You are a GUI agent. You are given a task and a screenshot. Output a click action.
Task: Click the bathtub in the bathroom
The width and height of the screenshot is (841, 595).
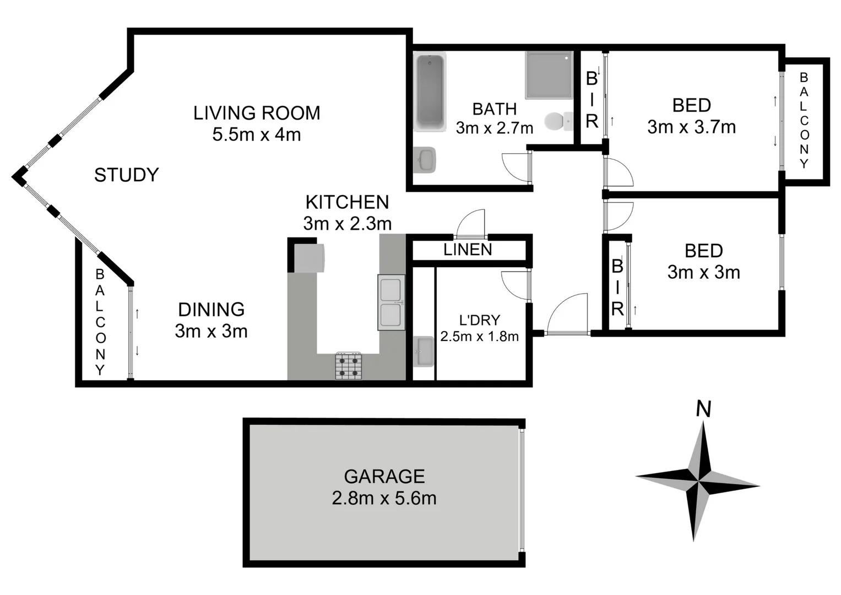pos(430,92)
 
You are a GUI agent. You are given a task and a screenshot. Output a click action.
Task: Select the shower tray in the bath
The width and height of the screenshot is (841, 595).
pos(549,75)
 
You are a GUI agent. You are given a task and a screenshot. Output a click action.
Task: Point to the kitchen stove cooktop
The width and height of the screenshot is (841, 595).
pos(349,366)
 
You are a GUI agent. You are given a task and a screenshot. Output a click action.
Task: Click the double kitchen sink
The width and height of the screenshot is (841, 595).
pos(391,303)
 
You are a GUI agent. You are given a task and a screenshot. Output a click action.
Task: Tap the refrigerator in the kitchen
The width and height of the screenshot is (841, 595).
pos(309,258)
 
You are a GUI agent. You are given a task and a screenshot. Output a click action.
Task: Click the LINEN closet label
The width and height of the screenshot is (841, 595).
pos(468,250)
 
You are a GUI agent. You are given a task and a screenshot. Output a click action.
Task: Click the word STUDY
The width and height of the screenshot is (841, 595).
pos(126,175)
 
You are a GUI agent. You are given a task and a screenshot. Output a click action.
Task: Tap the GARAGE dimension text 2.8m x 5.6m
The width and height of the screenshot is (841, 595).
pos(384,498)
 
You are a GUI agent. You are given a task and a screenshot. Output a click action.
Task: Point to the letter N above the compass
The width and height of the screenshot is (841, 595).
pos(703,409)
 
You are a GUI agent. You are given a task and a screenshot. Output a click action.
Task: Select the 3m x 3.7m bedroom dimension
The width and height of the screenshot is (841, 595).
pos(691,127)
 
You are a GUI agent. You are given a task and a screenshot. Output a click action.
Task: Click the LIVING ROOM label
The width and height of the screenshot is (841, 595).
pos(257,113)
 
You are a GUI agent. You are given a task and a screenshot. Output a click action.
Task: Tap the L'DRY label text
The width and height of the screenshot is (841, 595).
pos(479,320)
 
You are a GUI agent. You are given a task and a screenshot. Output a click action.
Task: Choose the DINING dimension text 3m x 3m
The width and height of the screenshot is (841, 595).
pos(211,331)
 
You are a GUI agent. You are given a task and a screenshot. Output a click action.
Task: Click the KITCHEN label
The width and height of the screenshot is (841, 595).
pos(347,202)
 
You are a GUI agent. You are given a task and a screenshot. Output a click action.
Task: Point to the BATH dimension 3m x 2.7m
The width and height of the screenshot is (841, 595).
pos(494,128)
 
